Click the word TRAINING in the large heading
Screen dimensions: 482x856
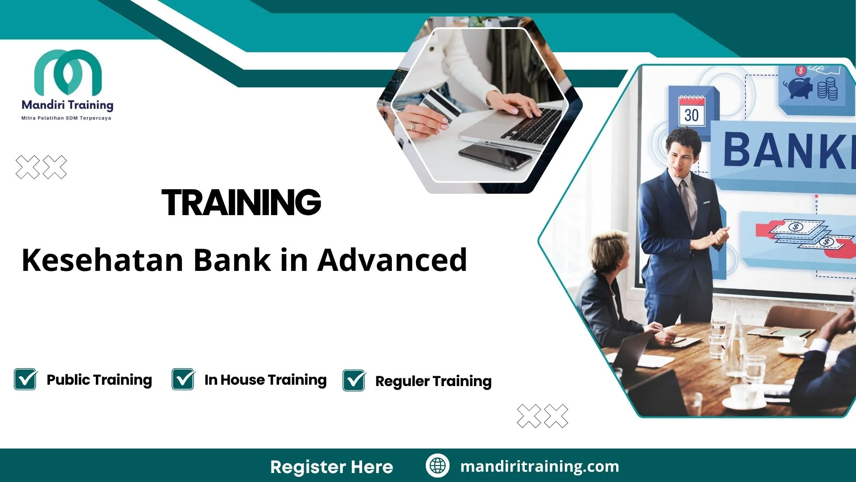(241, 202)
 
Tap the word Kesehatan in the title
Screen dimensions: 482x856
(103, 260)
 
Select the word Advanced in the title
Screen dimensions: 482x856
(392, 260)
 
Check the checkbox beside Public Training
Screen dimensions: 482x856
(25, 379)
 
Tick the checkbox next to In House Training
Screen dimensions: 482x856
(183, 379)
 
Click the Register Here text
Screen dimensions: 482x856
(332, 467)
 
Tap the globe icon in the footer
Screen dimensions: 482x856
(437, 466)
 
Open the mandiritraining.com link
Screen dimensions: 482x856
(539, 466)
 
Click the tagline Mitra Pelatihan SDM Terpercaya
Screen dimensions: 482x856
(66, 118)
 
